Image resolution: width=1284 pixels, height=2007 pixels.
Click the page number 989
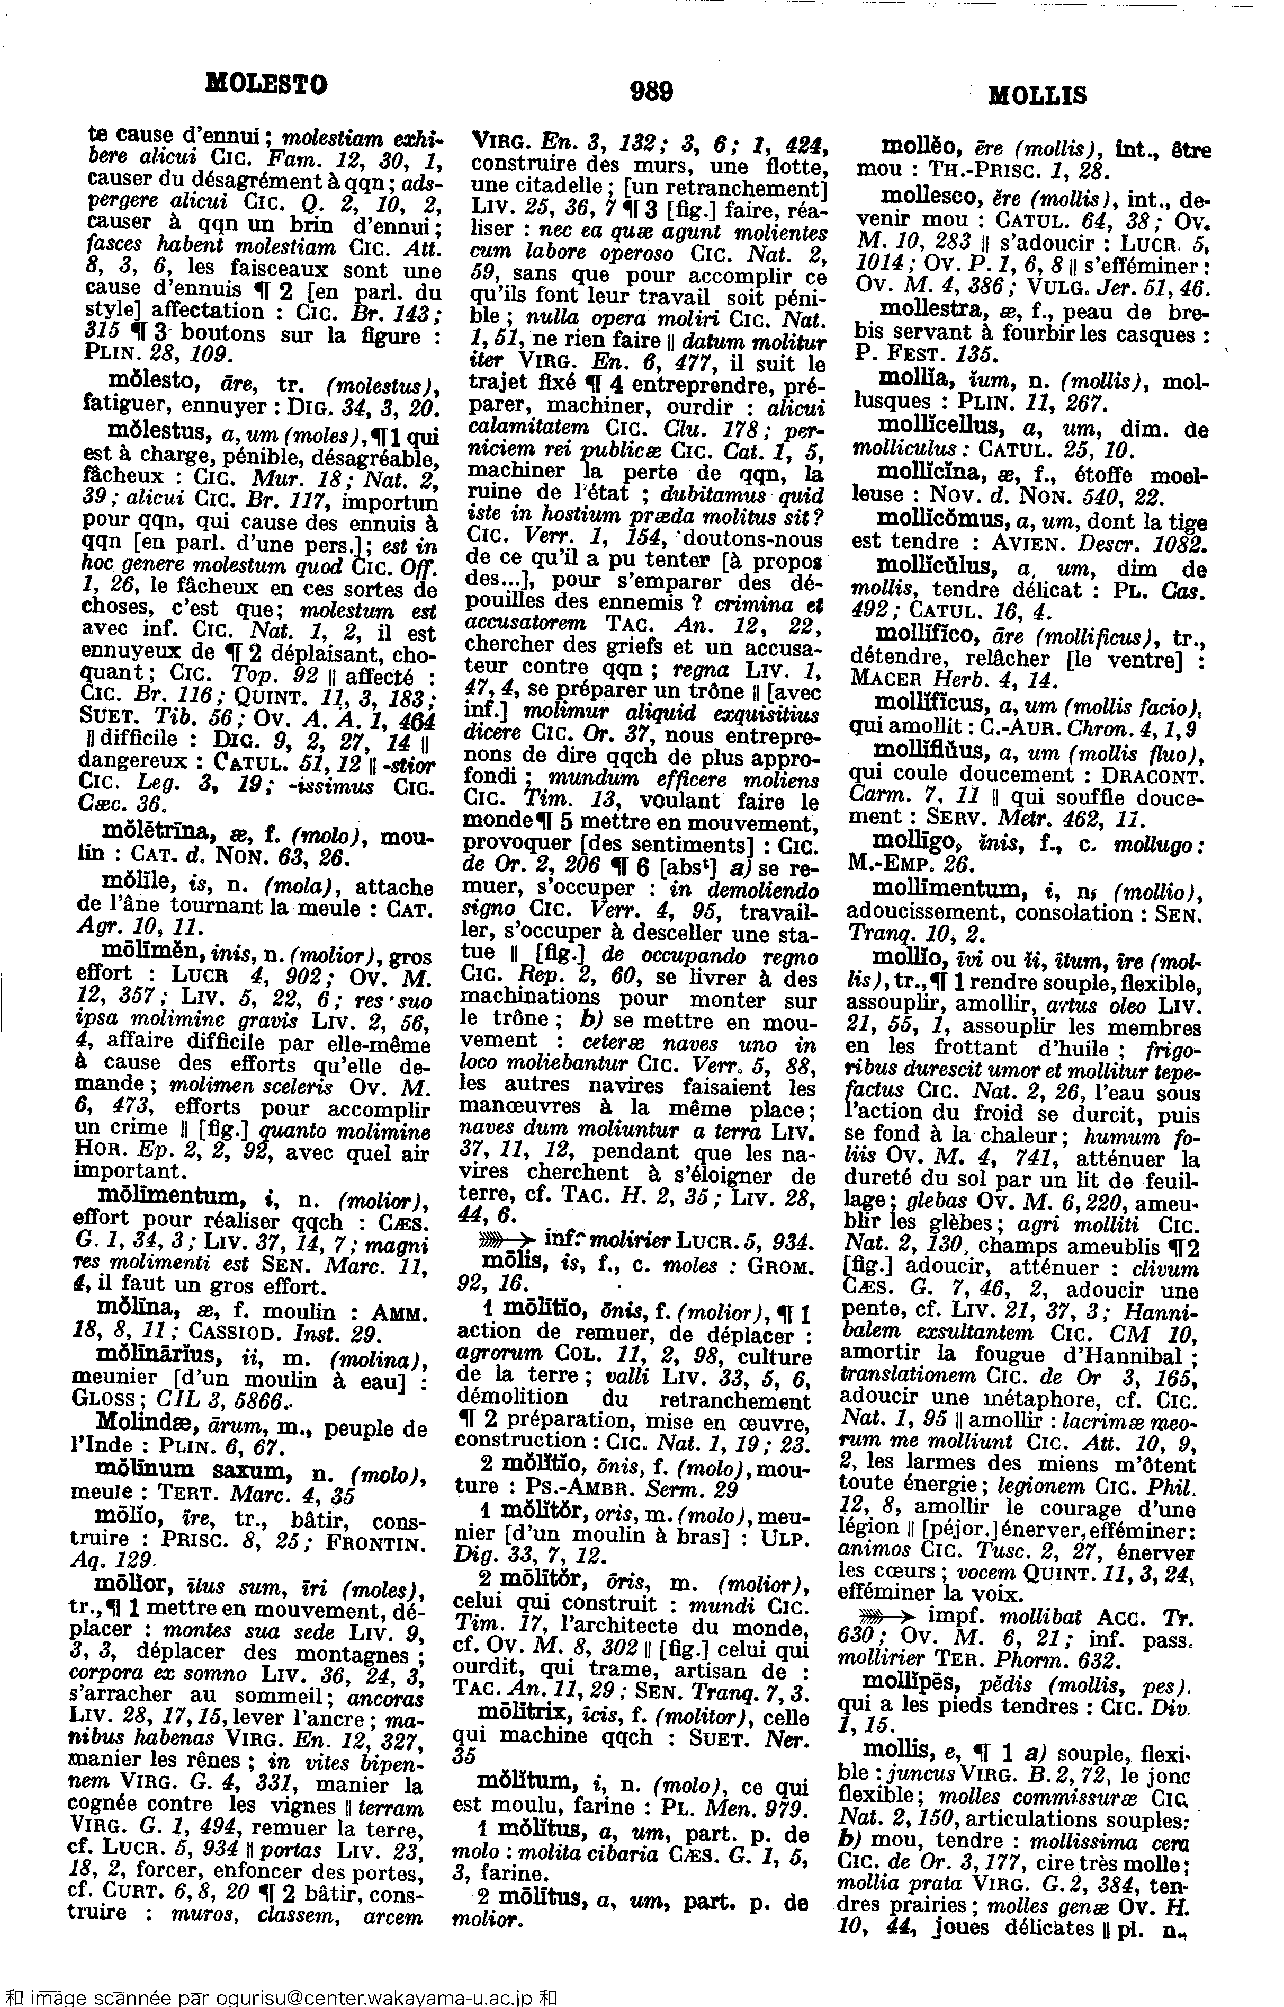coord(651,90)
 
